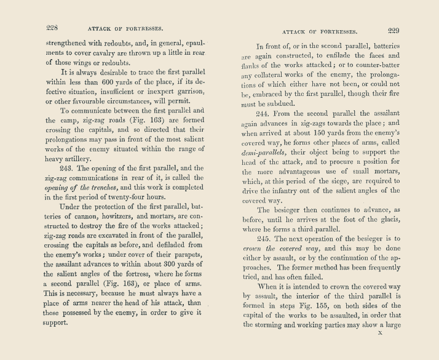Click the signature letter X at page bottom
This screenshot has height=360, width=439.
(380, 333)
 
